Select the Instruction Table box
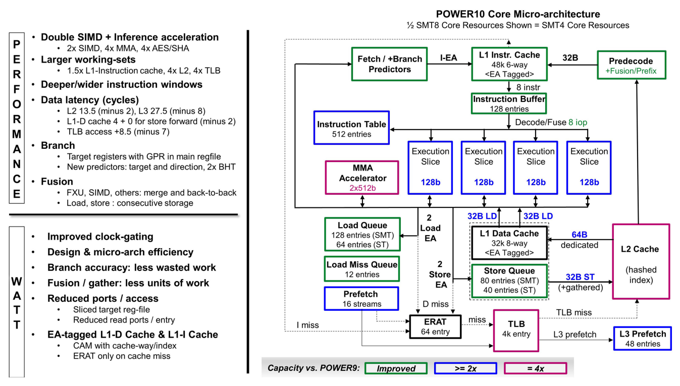tap(351, 129)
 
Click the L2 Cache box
tap(641, 261)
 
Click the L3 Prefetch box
tap(643, 339)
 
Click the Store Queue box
tap(509, 281)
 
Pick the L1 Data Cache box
tap(509, 243)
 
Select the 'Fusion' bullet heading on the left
tap(57, 181)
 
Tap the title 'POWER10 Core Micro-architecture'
tap(518, 14)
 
